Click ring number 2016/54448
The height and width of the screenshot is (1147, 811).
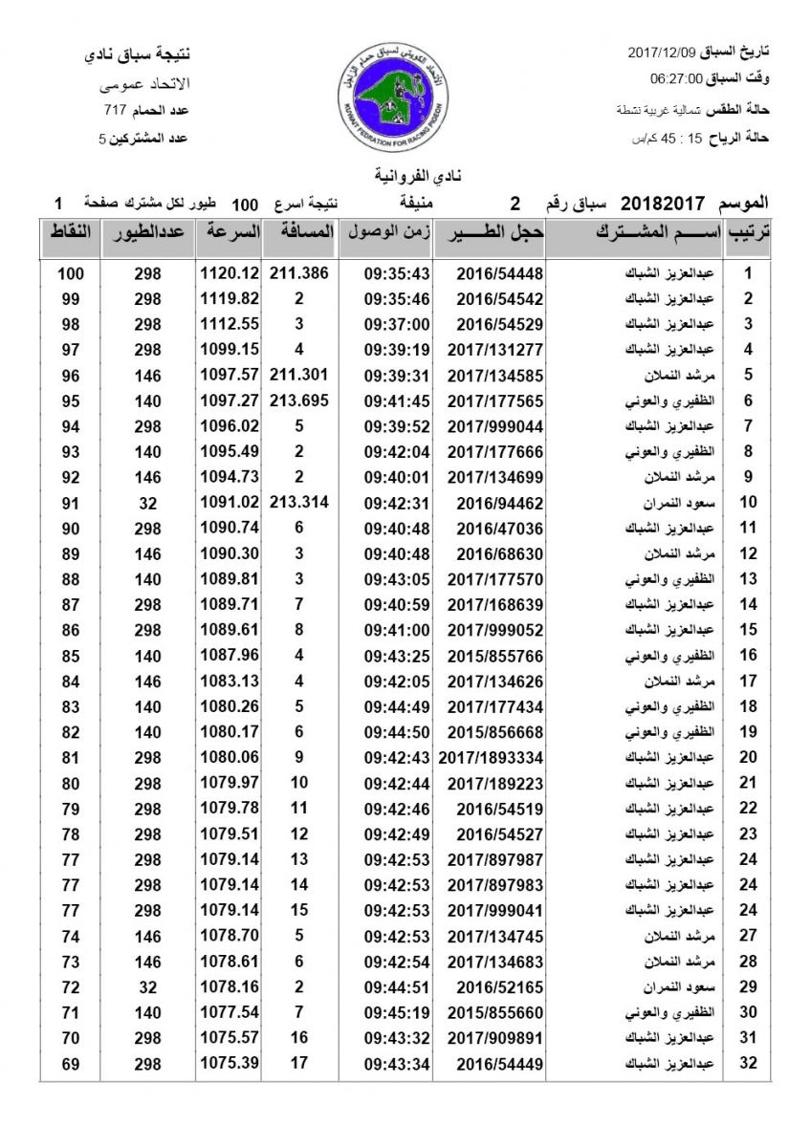point(487,273)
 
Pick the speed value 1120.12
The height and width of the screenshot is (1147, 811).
point(230,273)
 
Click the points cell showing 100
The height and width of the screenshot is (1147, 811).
point(71,274)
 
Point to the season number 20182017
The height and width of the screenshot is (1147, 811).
point(663,204)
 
